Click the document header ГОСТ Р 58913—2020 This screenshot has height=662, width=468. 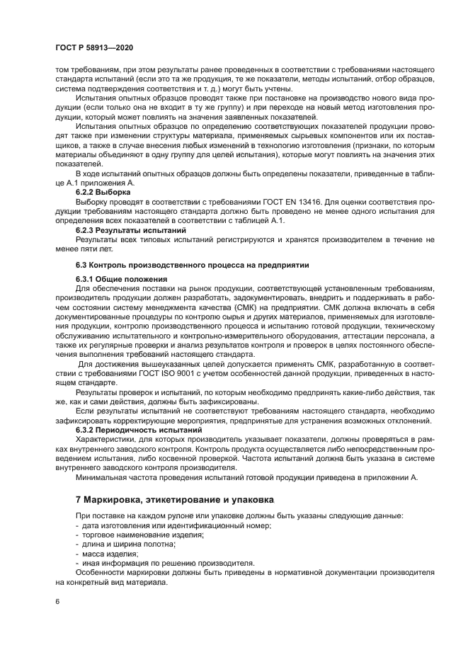[93, 47]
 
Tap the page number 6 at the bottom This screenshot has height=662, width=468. [57, 601]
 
